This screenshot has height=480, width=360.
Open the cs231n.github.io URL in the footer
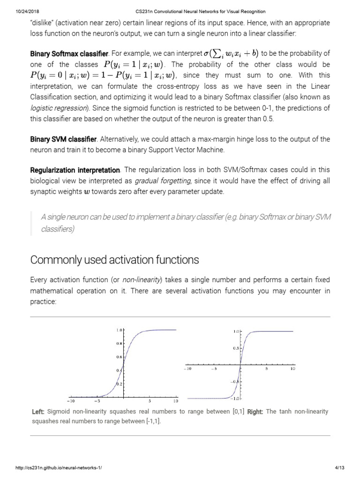point(59,468)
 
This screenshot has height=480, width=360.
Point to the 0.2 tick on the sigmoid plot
point(119,384)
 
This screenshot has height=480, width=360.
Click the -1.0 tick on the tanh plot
point(235,398)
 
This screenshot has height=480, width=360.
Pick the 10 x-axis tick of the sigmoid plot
point(176,401)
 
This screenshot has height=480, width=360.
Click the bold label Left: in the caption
point(38,412)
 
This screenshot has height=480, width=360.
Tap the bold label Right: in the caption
point(255,412)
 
